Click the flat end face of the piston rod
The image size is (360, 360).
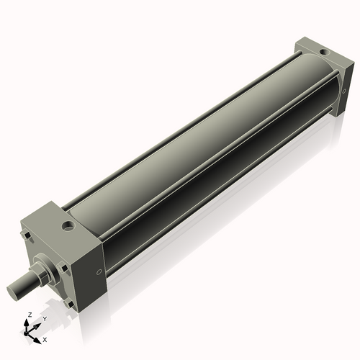point(15,292)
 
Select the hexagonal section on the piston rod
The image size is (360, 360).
point(42,274)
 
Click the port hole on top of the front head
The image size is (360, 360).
point(69,227)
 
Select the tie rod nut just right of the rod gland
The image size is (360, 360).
point(64,268)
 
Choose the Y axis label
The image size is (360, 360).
point(45,318)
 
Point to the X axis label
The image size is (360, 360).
point(45,338)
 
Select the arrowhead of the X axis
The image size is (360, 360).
point(38,336)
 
